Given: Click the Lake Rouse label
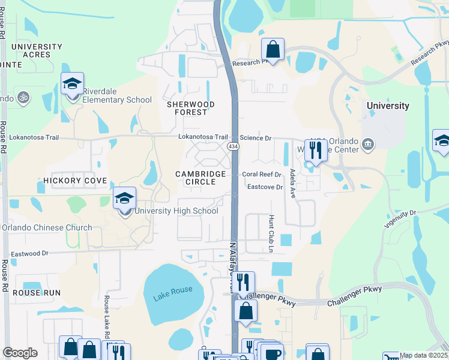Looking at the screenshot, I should [173, 291].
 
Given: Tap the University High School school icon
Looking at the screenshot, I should [125, 199].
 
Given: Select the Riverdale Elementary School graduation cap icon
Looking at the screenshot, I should [73, 84].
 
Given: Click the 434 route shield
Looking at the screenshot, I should [233, 146].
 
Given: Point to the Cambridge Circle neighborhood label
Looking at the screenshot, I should [200, 178].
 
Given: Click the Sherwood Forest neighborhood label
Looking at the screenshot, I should [190, 108].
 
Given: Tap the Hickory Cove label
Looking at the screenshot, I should [75, 181].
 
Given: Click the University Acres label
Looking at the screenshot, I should [36, 50].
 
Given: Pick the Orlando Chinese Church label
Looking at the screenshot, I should [47, 228].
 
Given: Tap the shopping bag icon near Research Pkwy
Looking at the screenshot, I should [273, 50].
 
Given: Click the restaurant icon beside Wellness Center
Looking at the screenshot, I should [316, 150].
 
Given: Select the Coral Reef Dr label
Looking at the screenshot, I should [262, 175].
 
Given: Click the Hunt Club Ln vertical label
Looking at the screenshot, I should [271, 233].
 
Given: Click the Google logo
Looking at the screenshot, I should [20, 353].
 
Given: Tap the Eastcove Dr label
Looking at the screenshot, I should [265, 187].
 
